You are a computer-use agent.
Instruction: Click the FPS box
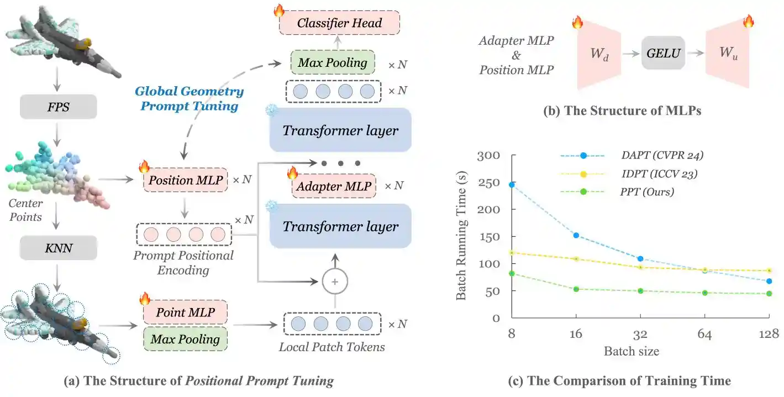58,107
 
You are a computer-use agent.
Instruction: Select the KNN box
58,249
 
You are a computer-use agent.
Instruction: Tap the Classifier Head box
339,23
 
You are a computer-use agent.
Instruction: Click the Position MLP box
185,180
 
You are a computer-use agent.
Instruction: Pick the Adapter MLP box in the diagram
334,186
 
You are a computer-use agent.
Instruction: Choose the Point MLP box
185,313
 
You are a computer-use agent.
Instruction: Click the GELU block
662,53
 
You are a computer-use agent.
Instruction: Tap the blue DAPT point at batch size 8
512,184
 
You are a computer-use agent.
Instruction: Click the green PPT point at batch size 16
576,289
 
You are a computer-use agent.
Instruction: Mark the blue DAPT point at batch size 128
770,281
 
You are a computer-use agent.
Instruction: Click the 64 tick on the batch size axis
705,334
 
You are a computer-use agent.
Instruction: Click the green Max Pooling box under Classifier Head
332,63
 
